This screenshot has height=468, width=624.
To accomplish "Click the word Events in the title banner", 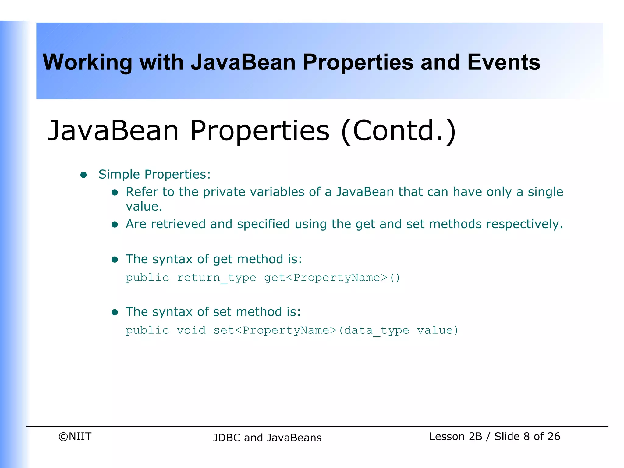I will click(503, 62).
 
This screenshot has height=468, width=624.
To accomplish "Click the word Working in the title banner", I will click(87, 62).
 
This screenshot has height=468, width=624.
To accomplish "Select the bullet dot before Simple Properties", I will click(83, 175).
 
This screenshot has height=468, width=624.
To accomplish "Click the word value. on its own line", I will click(144, 207).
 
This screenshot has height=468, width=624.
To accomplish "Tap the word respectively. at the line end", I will click(524, 224).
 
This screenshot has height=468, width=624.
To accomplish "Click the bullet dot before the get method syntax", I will click(115, 259).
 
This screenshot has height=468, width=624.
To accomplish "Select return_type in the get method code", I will click(216, 278).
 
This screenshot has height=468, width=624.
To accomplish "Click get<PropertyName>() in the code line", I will click(332, 278).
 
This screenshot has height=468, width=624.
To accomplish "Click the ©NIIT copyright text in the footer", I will click(75, 436).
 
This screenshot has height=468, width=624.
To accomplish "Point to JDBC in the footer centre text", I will click(227, 438).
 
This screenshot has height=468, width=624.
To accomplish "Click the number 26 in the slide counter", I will click(553, 436).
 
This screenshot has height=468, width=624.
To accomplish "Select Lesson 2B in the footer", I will click(456, 436).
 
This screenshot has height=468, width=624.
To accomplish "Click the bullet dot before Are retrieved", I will click(115, 225).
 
